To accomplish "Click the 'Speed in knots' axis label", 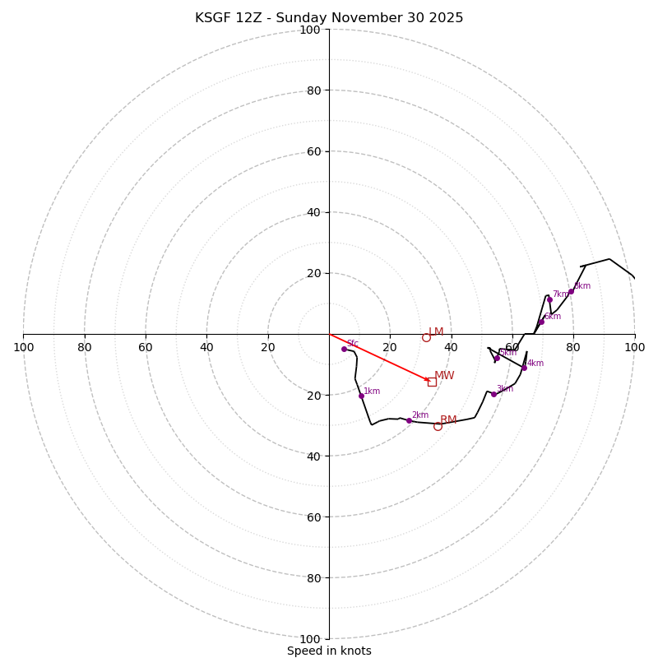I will (329, 651).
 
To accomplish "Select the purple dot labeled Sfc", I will (344, 349).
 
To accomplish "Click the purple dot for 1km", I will (361, 396).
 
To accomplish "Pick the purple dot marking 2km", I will (409, 420).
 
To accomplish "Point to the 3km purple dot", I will (493, 394).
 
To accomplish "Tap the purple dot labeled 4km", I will (524, 368).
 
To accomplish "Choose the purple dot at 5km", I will (497, 358).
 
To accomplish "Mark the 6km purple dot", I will (541, 322).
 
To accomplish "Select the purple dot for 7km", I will (549, 299).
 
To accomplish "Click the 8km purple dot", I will (571, 291).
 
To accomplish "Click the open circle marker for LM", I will (426, 337).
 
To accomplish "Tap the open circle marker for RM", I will (438, 426).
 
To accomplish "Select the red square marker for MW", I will (432, 382).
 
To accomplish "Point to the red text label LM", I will (436, 332).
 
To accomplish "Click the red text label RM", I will (448, 420).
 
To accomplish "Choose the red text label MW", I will (444, 376).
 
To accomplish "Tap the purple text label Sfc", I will (352, 344).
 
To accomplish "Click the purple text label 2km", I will (419, 415).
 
